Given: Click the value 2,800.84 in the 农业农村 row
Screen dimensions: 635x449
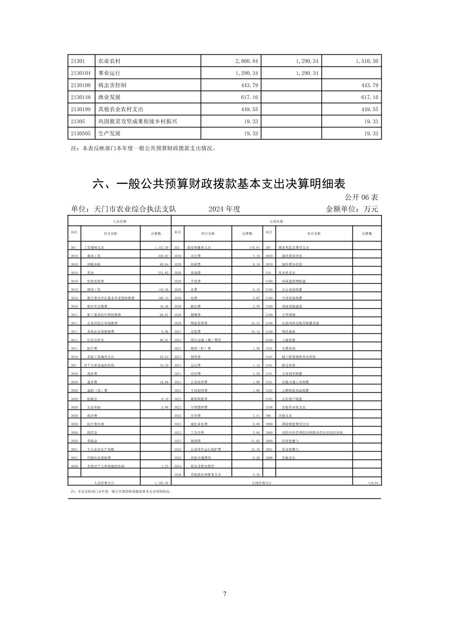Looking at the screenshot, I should coord(247,61).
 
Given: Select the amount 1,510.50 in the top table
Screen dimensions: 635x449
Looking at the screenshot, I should coord(367,61).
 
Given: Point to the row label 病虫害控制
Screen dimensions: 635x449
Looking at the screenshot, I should coord(112,85).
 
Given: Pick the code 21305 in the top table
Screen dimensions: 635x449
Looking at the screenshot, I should coord(78,122).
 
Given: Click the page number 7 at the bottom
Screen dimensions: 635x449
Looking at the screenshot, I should coord(225,594).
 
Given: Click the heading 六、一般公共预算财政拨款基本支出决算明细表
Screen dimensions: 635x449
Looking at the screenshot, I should coord(219,184).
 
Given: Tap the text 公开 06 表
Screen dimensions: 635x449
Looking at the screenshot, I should coord(361,197).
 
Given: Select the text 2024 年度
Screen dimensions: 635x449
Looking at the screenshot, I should coord(224,209).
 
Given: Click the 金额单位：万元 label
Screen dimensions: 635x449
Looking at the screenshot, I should coord(352,209).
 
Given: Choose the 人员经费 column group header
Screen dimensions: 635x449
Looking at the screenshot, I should coord(120,221).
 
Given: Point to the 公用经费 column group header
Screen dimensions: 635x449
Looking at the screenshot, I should coord(276,221).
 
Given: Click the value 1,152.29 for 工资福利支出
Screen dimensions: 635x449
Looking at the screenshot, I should coord(161,248).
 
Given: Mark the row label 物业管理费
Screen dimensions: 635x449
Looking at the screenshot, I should coord(199,323).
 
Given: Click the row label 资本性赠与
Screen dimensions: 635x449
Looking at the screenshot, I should coord(290,450).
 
